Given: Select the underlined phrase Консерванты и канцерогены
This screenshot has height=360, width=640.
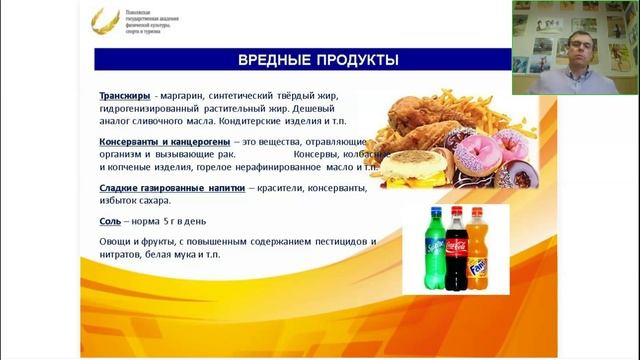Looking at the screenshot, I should coord(166,143).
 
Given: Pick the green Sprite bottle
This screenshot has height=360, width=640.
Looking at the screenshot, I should coord(434,248).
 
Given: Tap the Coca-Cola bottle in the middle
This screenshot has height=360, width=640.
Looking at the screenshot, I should coord(456,248).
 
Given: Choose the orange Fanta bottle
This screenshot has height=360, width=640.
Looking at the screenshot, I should coord(478,248).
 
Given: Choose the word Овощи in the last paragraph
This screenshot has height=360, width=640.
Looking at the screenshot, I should coord(115,242).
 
